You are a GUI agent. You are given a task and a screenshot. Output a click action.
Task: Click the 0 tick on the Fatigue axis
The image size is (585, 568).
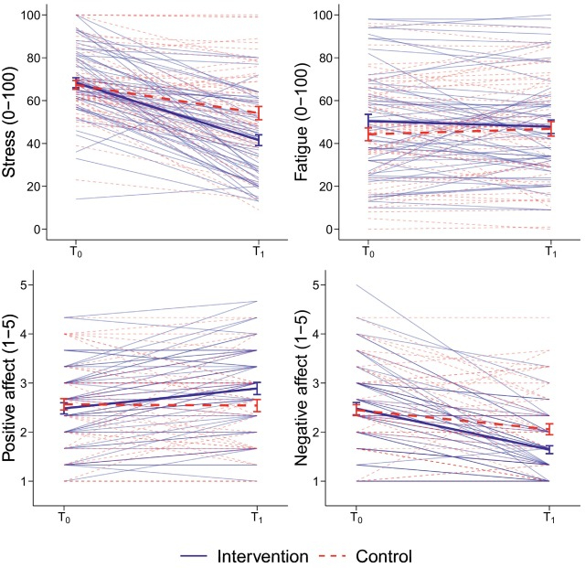[329, 229]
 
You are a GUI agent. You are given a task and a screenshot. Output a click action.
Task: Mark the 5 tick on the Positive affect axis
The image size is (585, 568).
[43, 284]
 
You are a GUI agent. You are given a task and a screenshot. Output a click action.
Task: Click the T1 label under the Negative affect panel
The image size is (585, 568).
[549, 513]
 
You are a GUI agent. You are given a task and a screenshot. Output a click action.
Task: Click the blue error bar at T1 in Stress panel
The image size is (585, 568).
[259, 140]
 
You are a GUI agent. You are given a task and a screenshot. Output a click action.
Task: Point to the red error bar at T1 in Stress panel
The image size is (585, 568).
[259, 113]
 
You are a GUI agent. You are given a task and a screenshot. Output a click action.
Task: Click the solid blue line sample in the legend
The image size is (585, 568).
[191, 554]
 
